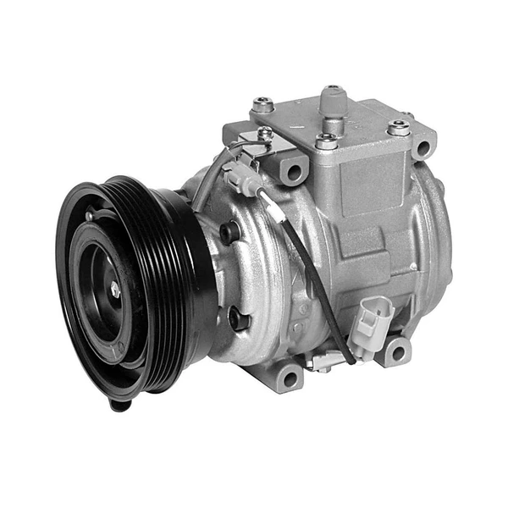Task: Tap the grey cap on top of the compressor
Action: (333, 99)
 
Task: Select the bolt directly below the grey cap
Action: (326, 140)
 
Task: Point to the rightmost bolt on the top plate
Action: (398, 128)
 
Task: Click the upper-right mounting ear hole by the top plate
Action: (423, 147)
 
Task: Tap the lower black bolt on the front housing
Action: (238, 319)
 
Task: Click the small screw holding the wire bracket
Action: (266, 134)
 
